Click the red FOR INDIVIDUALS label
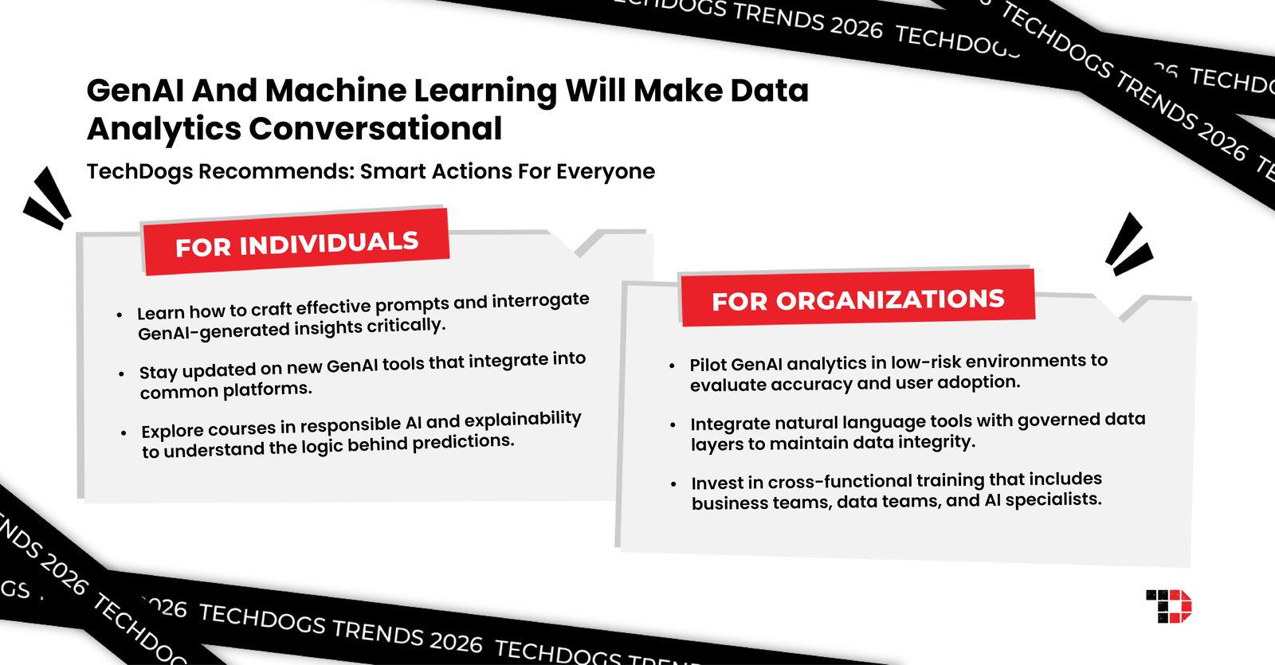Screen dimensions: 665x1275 pos(296,243)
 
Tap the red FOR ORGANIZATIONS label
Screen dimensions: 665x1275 pos(857,299)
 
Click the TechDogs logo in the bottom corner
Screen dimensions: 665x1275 pos(1168,606)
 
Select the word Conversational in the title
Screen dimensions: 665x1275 pos(375,128)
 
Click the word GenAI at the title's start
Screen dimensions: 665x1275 pos(135,90)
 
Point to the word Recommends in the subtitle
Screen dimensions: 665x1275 pos(276,171)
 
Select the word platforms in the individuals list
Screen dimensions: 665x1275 pos(266,389)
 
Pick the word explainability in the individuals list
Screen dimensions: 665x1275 pos(523,419)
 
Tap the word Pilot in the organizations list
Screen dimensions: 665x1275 pos(708,365)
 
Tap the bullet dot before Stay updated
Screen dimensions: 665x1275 pos(121,374)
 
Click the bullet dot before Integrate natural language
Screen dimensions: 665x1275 pos(673,425)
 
